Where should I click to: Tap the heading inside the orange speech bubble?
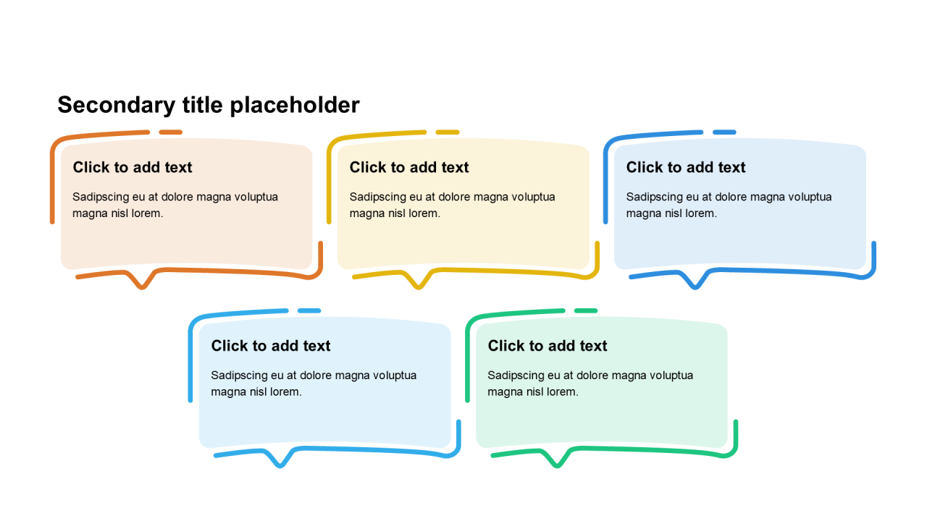coord(133,167)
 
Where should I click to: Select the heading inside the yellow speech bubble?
coord(409,167)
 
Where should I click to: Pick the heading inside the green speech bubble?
coord(548,346)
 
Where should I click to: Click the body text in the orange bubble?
coord(175,205)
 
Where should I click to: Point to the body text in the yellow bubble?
coord(452,205)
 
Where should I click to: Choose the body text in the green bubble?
coord(590,384)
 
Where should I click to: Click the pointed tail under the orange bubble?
coord(142,284)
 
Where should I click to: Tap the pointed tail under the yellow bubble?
coord(419,284)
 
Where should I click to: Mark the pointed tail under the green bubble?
coord(557,462)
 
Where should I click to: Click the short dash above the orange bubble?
coord(171,132)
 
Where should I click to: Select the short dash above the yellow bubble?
coord(448,132)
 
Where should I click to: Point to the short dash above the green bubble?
coord(586,311)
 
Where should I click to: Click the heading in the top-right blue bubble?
coord(686,167)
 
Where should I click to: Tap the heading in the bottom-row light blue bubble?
coord(271,346)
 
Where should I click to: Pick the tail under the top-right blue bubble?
coord(695,284)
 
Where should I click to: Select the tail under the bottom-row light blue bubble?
coord(280,462)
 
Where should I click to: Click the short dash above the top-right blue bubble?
coord(724,132)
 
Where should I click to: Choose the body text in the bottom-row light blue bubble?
coord(314,384)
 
